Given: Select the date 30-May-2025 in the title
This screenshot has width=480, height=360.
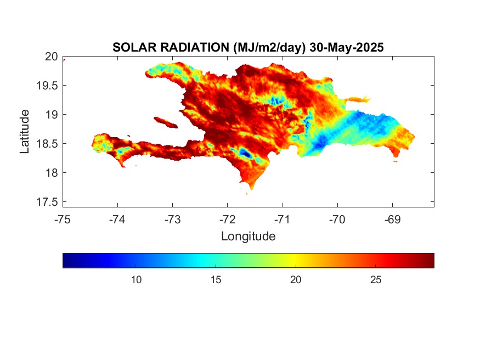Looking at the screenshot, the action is (347, 47).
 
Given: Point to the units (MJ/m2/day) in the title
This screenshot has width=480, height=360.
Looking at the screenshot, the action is (269, 48).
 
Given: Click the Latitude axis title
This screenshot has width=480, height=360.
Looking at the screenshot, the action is (25, 131).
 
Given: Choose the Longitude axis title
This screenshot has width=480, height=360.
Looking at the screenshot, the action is (249, 236).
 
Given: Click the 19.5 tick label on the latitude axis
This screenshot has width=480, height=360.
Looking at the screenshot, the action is (47, 86).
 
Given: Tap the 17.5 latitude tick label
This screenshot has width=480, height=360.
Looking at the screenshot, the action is (47, 202).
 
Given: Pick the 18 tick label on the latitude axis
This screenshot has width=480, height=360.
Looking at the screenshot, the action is (52, 173).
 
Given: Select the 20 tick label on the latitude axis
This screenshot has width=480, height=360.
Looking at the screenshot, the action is (51, 57).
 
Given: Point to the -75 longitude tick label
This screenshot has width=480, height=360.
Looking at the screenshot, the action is (63, 220).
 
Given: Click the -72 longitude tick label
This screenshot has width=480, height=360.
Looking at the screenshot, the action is (228, 220).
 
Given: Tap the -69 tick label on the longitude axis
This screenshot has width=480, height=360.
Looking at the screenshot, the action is (392, 220).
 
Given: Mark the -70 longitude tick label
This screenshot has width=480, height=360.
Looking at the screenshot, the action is (337, 220).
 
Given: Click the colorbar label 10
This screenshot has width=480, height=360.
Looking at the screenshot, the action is (136, 279).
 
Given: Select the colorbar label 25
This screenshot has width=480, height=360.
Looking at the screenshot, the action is (376, 279).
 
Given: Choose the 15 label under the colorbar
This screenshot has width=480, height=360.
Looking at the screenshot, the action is (216, 279).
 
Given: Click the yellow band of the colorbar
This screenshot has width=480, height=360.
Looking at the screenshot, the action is (296, 261).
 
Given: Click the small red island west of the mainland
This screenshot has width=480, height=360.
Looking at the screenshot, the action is (166, 122).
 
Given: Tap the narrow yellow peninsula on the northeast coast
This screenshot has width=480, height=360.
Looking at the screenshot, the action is (358, 99).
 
